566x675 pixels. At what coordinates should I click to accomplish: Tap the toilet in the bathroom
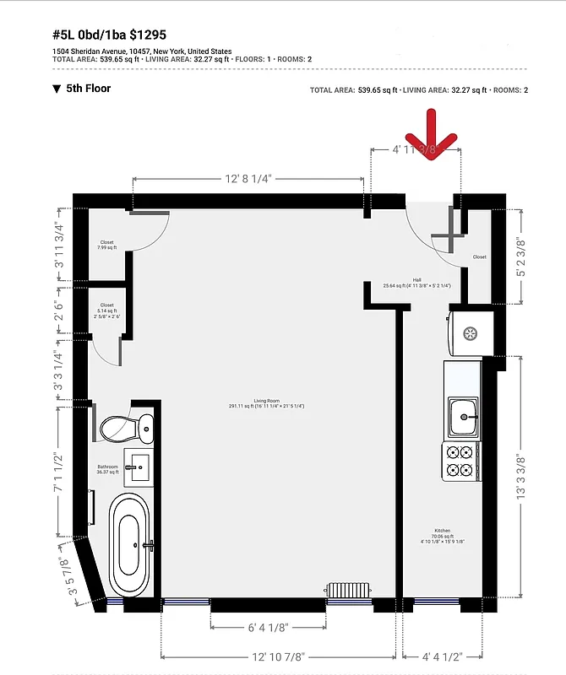(127, 427)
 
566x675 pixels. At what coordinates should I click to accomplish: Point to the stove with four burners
(460, 461)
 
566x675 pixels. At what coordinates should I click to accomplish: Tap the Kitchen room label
(443, 536)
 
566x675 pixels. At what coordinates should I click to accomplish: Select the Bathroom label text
(106, 468)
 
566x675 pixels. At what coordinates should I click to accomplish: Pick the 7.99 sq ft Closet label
(107, 245)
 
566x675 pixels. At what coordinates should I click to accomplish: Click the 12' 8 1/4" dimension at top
(248, 179)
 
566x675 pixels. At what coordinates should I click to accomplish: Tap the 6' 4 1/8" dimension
(268, 627)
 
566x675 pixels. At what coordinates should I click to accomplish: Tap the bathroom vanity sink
(139, 466)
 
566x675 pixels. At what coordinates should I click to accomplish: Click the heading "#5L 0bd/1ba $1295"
(110, 36)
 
